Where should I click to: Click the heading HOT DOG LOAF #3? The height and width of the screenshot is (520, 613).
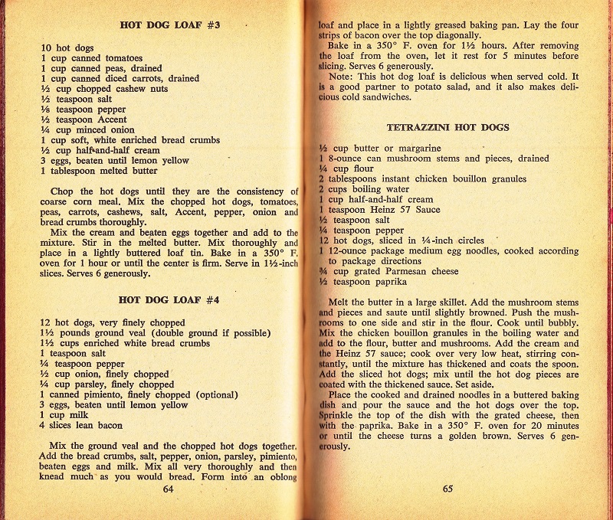pos(171,25)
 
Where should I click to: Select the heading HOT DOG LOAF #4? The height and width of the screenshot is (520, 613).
pos(171,301)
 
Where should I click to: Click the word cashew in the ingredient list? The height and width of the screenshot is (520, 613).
pos(142,89)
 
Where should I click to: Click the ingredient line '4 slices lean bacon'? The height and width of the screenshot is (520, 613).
pos(81,425)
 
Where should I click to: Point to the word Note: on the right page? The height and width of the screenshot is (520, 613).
pos(340,77)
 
